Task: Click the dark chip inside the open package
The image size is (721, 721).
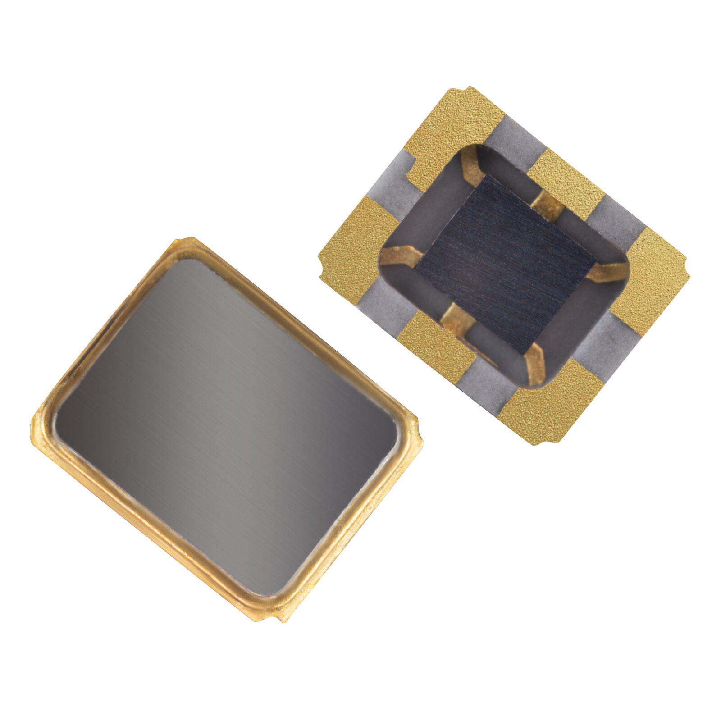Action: click(x=505, y=261)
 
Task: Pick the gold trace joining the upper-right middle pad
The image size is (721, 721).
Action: click(x=548, y=205)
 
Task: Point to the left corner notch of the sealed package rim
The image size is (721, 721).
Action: click(x=38, y=421)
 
